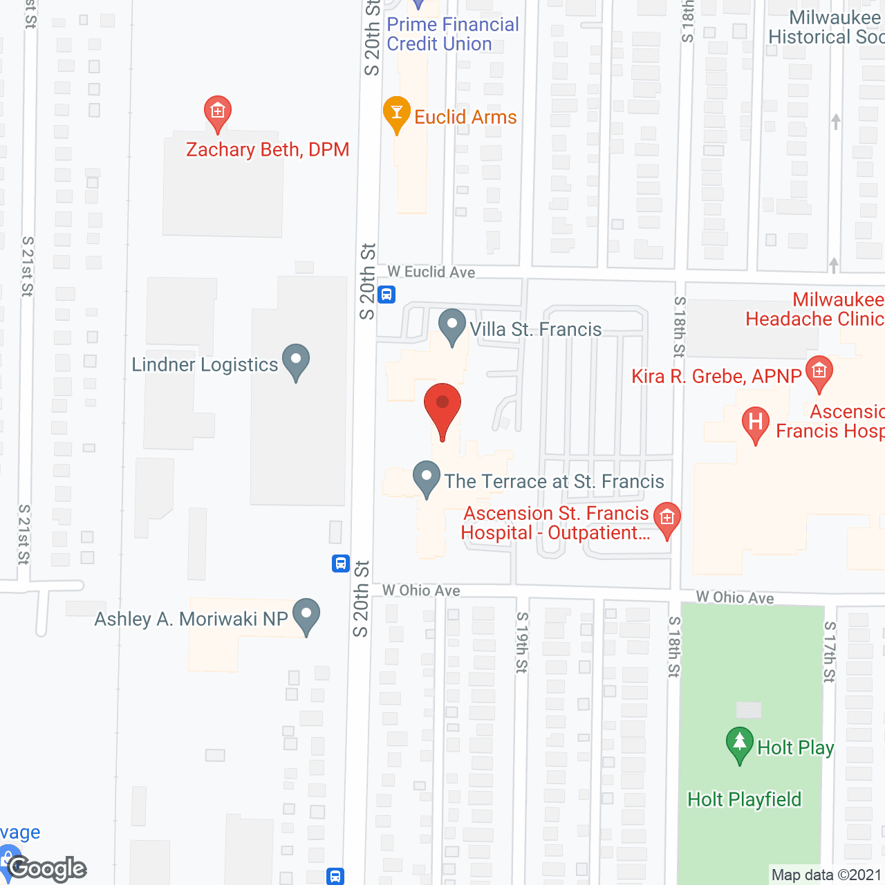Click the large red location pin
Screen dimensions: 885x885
(x=442, y=408)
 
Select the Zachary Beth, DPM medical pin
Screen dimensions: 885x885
(x=217, y=113)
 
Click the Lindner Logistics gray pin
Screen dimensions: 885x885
(x=296, y=361)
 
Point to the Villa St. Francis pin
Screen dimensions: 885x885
(x=452, y=326)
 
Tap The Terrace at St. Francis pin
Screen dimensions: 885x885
(x=427, y=478)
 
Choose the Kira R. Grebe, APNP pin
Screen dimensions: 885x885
(x=819, y=373)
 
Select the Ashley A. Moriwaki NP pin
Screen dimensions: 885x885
(x=306, y=615)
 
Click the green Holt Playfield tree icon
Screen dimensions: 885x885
(x=739, y=745)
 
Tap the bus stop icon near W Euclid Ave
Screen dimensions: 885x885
(x=386, y=295)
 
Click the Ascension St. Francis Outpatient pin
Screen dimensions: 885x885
(x=667, y=519)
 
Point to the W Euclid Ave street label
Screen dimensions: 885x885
(x=431, y=272)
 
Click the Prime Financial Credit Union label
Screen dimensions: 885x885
(x=453, y=34)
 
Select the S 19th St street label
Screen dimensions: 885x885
(x=522, y=642)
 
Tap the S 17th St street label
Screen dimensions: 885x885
(x=829, y=652)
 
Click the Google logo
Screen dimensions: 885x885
(x=47, y=868)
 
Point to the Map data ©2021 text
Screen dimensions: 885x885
(x=826, y=875)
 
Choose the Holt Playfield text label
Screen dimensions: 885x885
(x=744, y=800)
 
